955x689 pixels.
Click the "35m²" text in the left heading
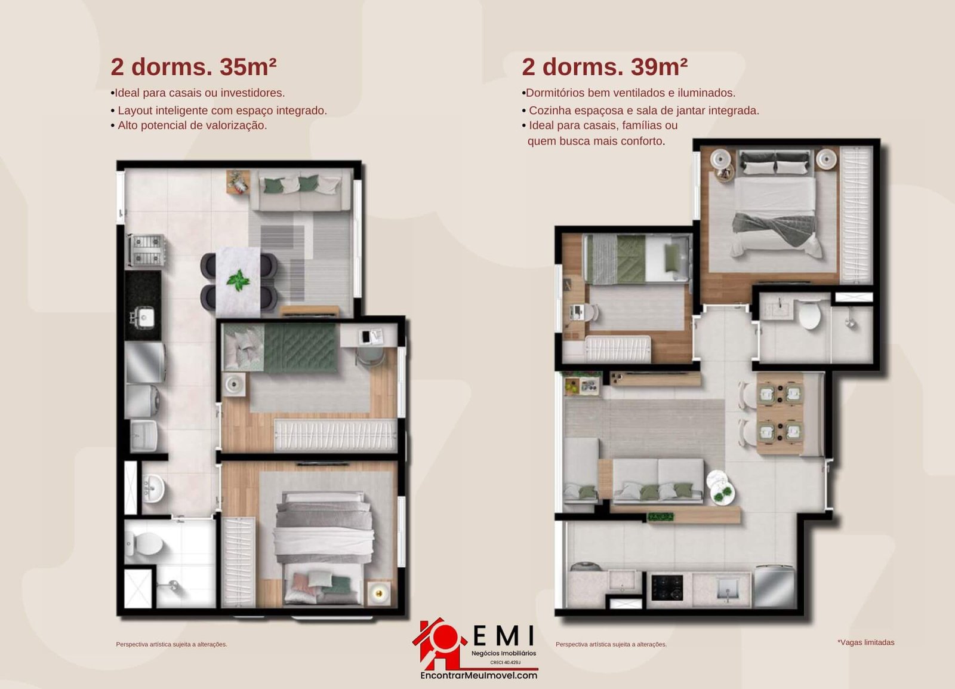pyautogui.click(x=248, y=67)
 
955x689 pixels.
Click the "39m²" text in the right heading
pyautogui.click(x=659, y=67)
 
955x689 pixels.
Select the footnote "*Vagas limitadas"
pyautogui.click(x=866, y=642)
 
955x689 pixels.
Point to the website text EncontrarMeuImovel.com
pyautogui.click(x=479, y=676)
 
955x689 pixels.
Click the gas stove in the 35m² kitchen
pyautogui.click(x=146, y=250)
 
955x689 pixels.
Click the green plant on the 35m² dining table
pyautogui.click(x=238, y=280)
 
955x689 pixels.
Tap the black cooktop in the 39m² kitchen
pyautogui.click(x=667, y=588)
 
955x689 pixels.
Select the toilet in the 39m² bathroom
pyautogui.click(x=809, y=315)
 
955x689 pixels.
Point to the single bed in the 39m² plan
pyautogui.click(x=636, y=259)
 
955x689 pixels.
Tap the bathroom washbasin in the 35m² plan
pyautogui.click(x=153, y=488)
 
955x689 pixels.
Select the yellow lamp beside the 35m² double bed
pyautogui.click(x=378, y=593)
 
